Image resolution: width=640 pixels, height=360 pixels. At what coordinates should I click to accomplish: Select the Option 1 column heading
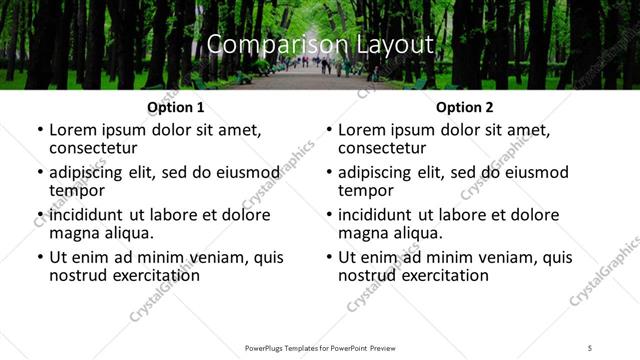coord(175,107)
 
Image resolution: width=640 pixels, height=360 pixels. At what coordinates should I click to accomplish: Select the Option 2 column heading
coord(464,107)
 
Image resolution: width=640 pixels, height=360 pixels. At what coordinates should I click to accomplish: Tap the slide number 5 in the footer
coord(590,348)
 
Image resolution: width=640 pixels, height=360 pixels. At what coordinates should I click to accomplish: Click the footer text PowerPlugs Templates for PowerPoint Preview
coord(319,348)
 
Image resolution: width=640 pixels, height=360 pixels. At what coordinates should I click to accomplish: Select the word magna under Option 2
coord(362,233)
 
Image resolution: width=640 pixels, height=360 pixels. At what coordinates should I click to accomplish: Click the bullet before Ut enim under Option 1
coord(39,257)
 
